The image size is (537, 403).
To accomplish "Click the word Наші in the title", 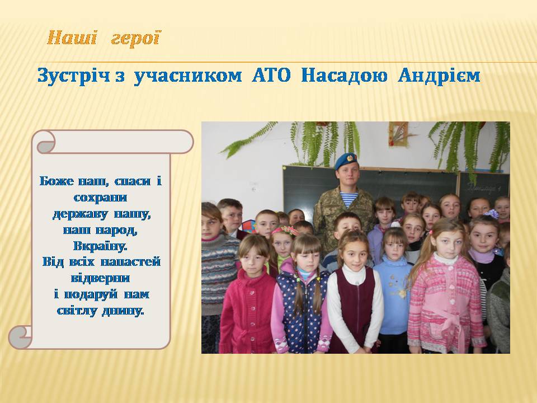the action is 72,38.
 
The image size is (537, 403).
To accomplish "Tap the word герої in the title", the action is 136,38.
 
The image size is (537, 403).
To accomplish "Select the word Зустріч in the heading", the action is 74,76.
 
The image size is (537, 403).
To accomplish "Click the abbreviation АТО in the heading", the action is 271,76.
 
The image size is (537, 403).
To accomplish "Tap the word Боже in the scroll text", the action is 56,181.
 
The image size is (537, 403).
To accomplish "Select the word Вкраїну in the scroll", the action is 100,246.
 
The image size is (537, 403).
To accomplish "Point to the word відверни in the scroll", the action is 100,278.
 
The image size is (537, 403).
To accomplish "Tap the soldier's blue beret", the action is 346,161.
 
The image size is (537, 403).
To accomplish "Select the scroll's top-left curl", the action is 45,142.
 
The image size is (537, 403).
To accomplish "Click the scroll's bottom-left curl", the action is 21,337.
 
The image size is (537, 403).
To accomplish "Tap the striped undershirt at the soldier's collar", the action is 348,199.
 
